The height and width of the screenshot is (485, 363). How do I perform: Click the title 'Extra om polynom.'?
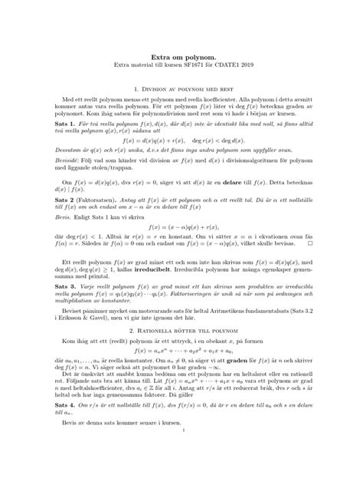point(181,58)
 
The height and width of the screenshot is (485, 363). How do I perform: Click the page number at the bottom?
point(181,473)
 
